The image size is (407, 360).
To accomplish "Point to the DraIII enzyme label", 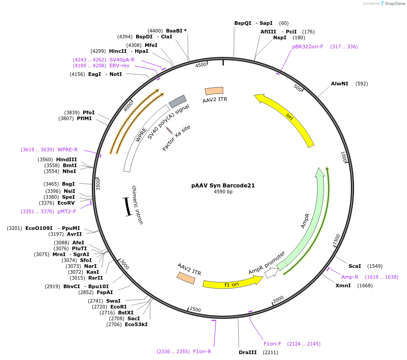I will point(247,352).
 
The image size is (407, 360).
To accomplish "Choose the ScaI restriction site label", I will point(355,266).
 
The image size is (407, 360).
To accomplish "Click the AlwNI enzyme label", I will point(340,84).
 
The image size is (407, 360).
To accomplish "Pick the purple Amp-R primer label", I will point(350,277).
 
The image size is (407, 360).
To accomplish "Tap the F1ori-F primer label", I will point(272,344).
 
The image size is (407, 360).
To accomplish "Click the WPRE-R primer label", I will point(67,150).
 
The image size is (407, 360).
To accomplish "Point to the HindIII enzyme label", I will point(66,159).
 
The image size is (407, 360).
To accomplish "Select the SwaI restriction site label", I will point(114,301).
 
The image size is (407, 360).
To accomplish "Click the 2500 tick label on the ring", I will point(195,309).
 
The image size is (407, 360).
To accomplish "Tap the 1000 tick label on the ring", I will point(344,157).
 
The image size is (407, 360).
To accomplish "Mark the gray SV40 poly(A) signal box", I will point(178,101).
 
